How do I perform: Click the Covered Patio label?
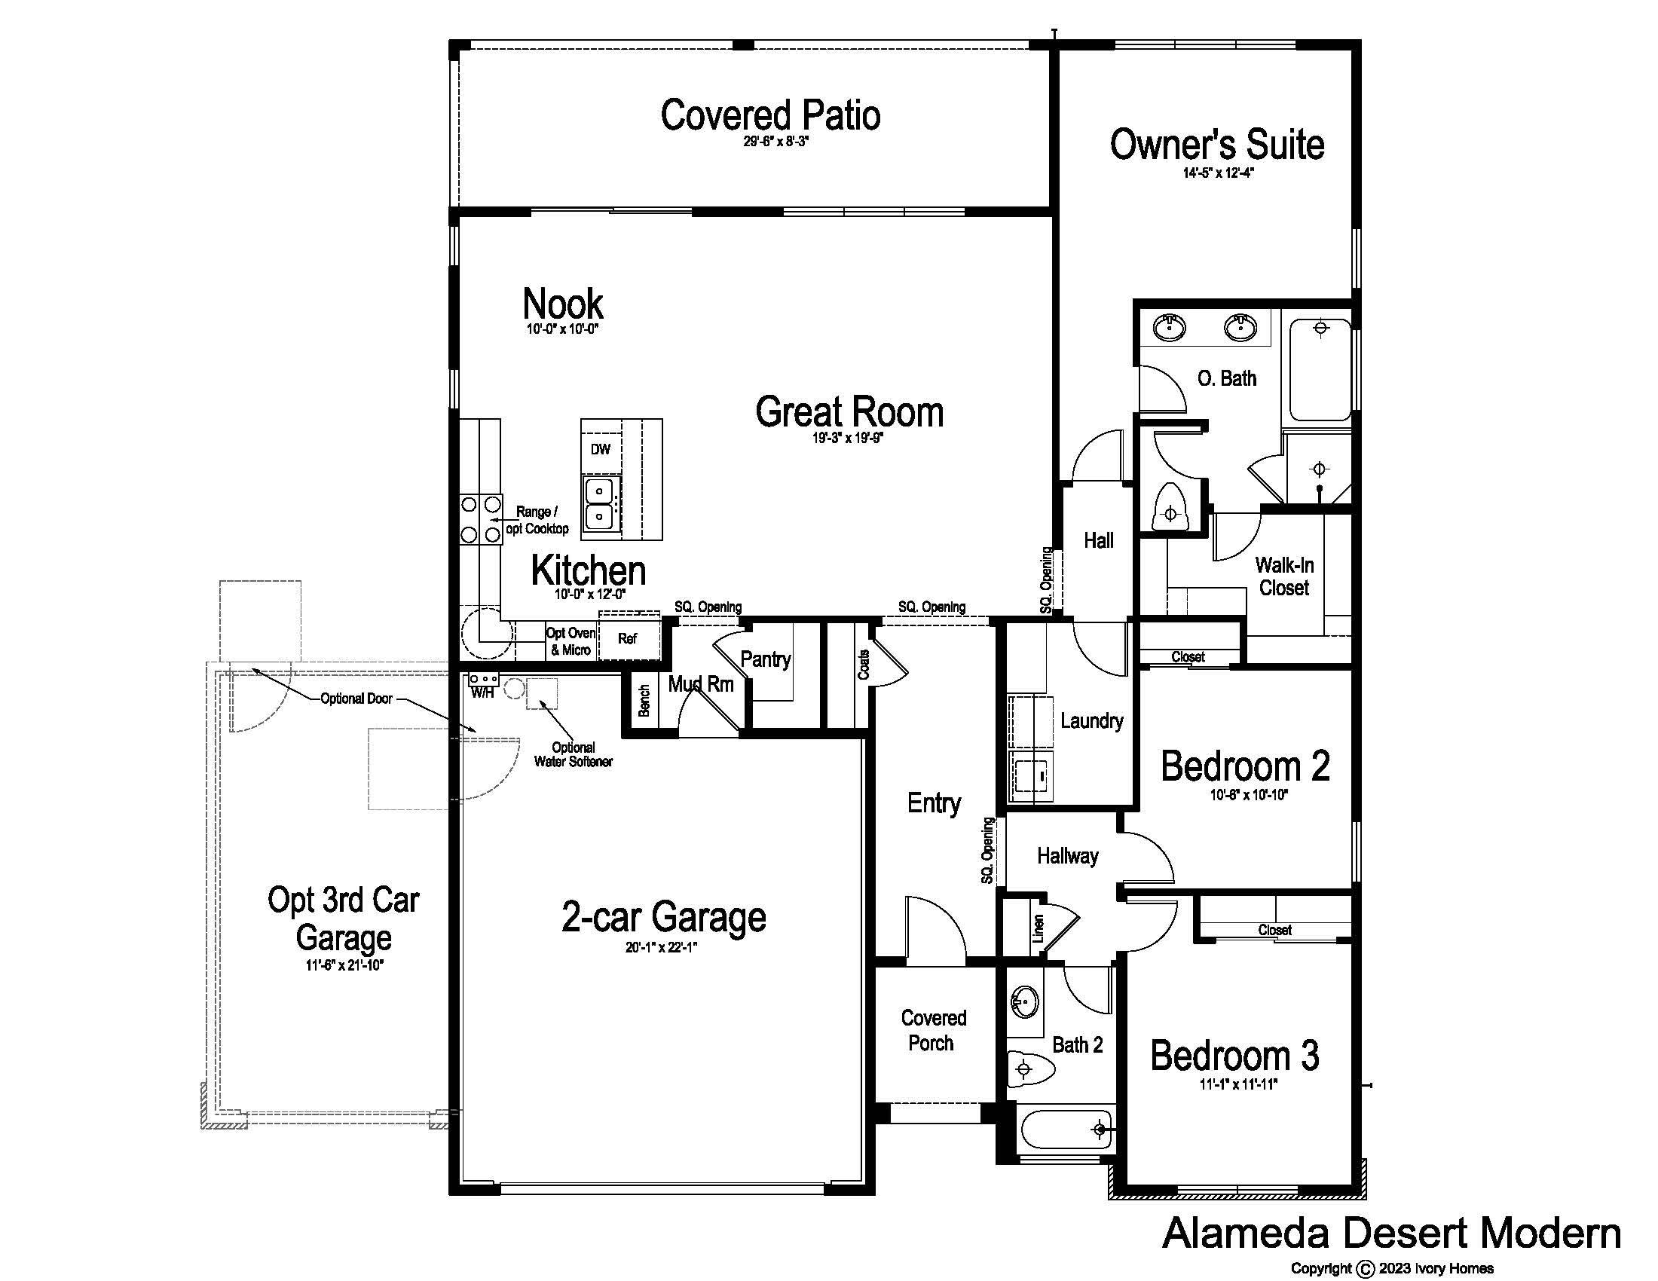click(x=770, y=115)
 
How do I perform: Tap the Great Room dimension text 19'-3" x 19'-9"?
click(x=848, y=438)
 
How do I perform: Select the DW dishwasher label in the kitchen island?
click(x=601, y=449)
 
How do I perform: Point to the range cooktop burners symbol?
click(x=481, y=519)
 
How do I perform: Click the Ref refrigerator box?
click(x=628, y=638)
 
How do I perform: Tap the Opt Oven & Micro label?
click(x=571, y=641)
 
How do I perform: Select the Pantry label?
click(x=765, y=659)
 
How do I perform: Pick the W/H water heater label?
click(x=482, y=692)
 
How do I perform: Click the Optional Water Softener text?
click(x=574, y=754)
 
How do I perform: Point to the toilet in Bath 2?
click(x=1031, y=1070)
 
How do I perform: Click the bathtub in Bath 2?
click(x=1066, y=1130)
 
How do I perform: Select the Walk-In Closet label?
click(x=1284, y=576)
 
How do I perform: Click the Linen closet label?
click(x=1039, y=928)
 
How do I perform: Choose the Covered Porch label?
click(x=933, y=1031)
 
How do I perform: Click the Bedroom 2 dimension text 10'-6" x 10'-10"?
click(x=1249, y=795)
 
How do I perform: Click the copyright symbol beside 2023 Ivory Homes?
click(x=1366, y=1268)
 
